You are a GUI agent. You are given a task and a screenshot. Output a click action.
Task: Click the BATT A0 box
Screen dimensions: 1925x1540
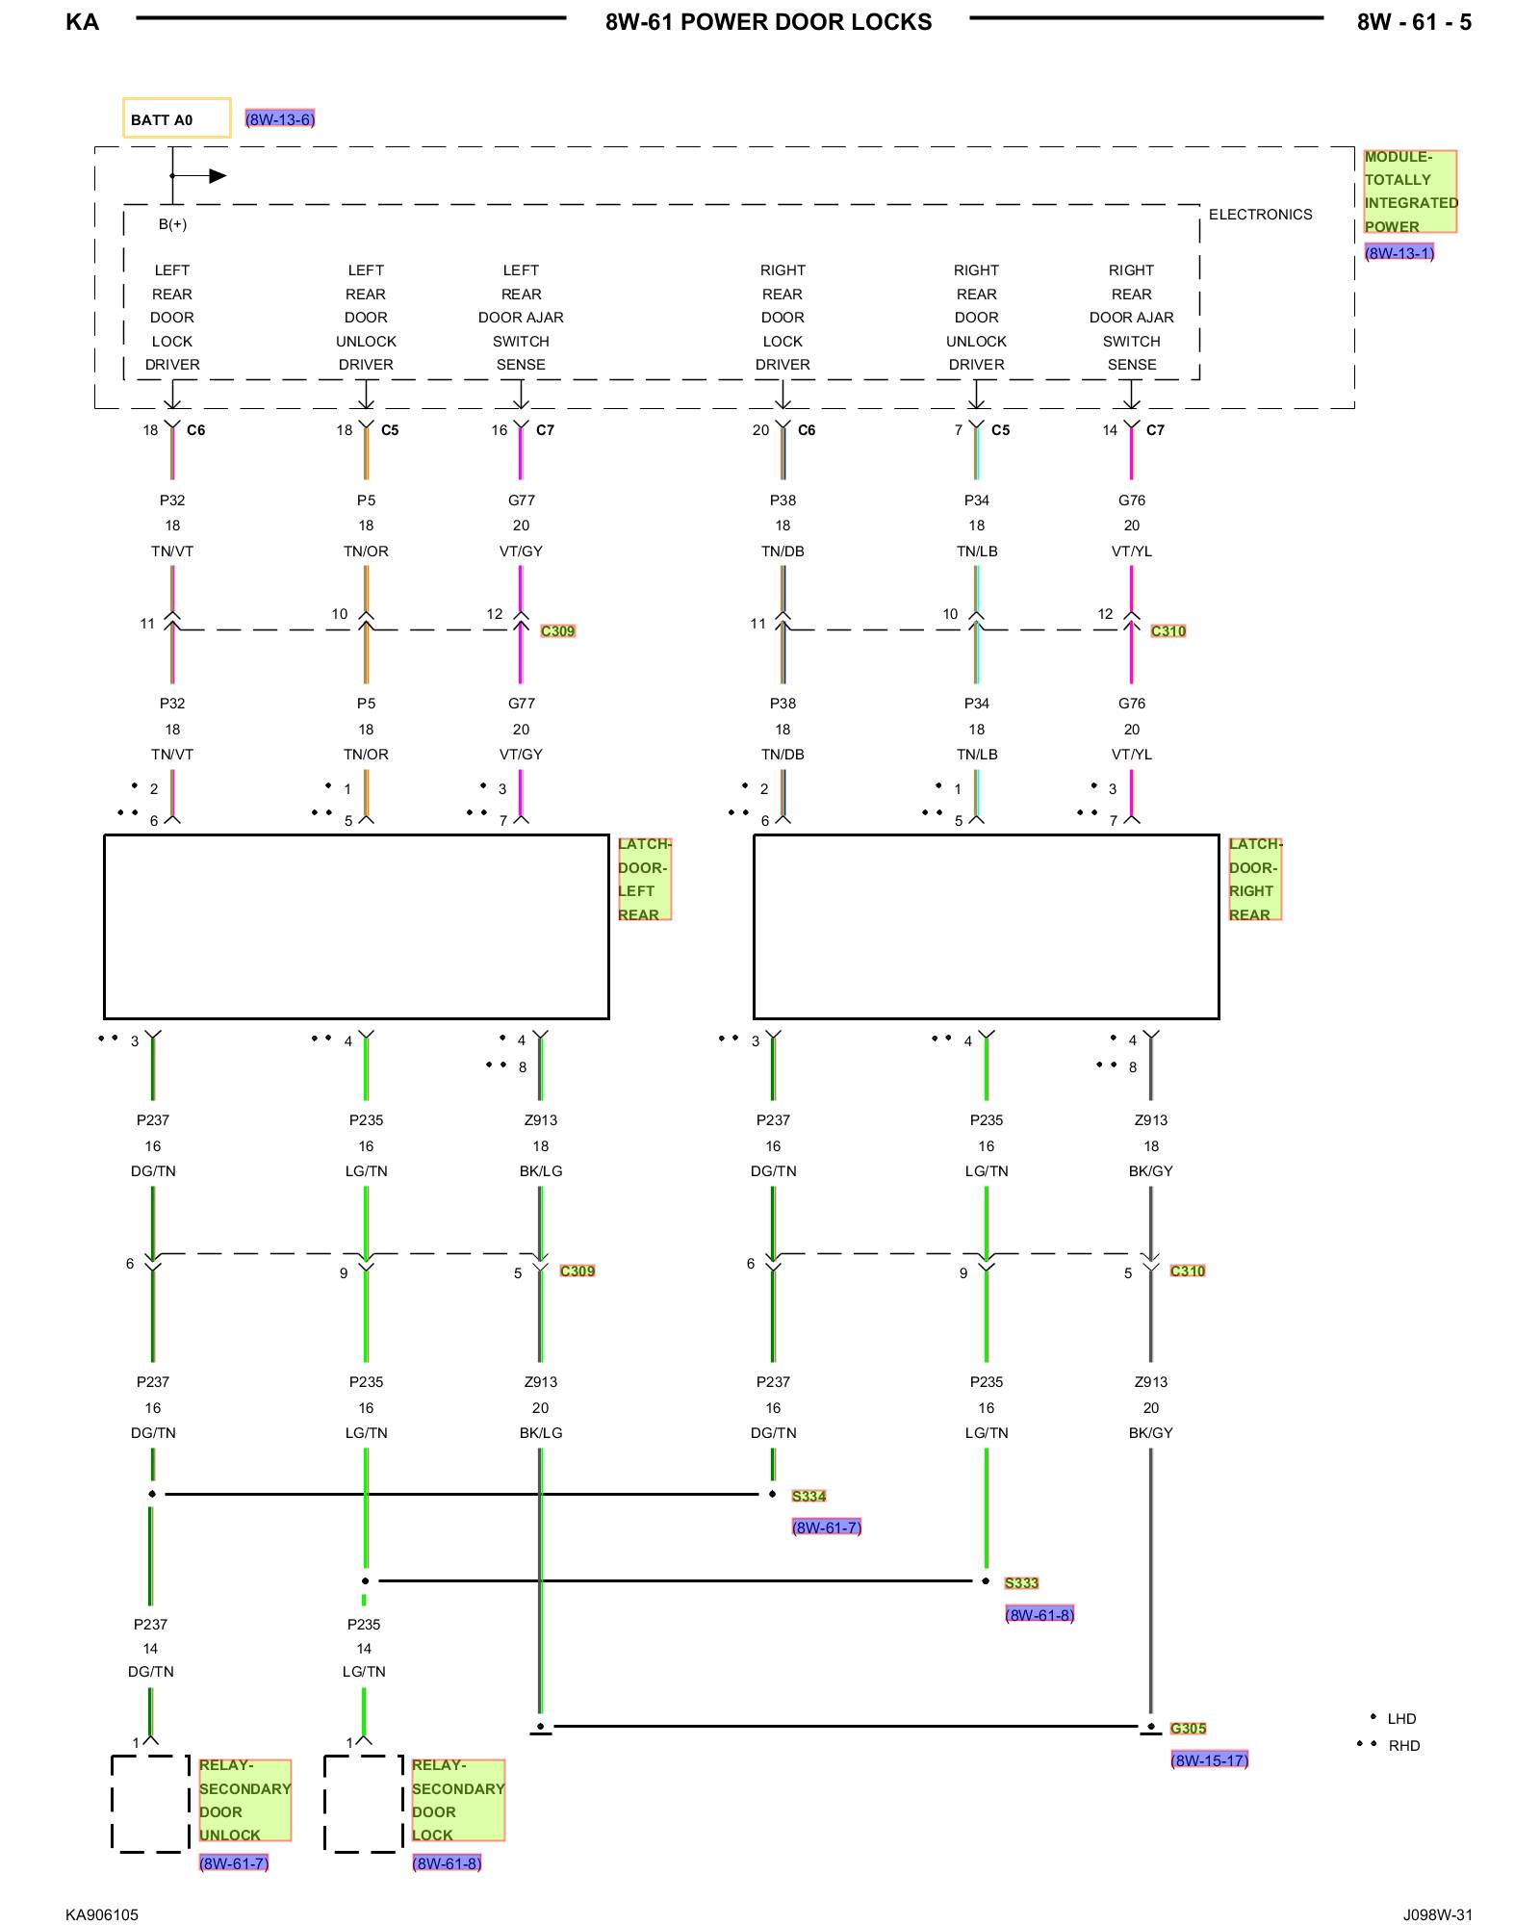pyautogui.click(x=176, y=118)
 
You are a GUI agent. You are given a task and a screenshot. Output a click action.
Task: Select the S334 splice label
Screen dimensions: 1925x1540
pyautogui.click(x=808, y=1496)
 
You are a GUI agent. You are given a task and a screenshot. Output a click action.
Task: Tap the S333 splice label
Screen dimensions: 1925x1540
pyautogui.click(x=1021, y=1583)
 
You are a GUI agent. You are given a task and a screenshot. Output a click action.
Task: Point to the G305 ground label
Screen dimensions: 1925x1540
pyautogui.click(x=1188, y=1729)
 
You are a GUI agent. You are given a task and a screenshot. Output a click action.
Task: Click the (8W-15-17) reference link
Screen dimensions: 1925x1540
pyautogui.click(x=1209, y=1760)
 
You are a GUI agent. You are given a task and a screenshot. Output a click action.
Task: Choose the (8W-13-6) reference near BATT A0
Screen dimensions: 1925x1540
pyautogui.click(x=279, y=119)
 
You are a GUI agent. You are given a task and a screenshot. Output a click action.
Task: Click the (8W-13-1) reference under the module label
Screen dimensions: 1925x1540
pyautogui.click(x=1399, y=253)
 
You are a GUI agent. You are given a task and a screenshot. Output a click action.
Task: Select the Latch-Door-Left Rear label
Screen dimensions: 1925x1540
pyautogui.click(x=643, y=879)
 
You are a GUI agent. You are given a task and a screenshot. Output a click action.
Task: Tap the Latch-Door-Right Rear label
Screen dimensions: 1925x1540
pyautogui.click(x=1254, y=879)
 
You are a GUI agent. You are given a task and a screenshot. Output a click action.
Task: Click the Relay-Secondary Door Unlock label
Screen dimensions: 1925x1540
pyautogui.click(x=244, y=1800)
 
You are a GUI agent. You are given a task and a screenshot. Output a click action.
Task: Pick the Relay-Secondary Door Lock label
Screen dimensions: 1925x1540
pyautogui.click(x=457, y=1800)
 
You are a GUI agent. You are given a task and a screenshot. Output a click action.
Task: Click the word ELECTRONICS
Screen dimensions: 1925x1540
pyautogui.click(x=1260, y=215)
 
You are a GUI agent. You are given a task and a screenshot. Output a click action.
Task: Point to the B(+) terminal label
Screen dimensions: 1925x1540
pyautogui.click(x=173, y=224)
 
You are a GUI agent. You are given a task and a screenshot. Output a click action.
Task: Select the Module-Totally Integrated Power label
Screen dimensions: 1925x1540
pyautogui.click(x=1409, y=192)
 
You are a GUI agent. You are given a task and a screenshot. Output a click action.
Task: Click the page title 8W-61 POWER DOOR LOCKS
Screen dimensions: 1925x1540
pyautogui.click(x=768, y=22)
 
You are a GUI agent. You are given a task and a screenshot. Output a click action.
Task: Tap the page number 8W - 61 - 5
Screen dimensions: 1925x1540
pyautogui.click(x=1414, y=22)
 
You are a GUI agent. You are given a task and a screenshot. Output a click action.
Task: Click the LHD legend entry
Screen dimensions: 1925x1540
pyautogui.click(x=1400, y=1719)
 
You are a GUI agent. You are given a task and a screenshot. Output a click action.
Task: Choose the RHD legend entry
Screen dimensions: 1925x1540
pyautogui.click(x=1403, y=1746)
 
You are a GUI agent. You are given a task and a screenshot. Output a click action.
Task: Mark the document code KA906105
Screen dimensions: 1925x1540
pyautogui.click(x=102, y=1914)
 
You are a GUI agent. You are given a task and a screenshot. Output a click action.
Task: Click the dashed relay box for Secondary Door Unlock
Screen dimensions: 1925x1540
pyautogui.click(x=150, y=1803)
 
